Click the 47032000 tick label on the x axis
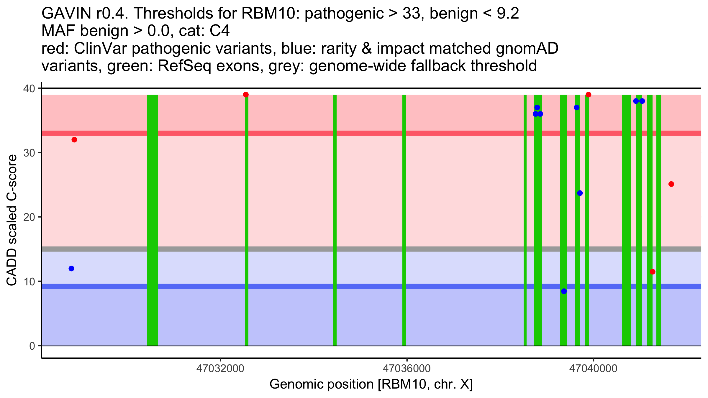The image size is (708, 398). (220, 369)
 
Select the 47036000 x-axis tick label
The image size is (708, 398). (407, 369)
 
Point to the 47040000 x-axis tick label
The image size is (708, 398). (593, 369)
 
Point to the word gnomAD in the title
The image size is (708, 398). (527, 49)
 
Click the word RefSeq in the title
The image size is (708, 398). (184, 66)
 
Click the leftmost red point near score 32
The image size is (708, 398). (74, 140)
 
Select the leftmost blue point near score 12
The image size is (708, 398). (71, 269)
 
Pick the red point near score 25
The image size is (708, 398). (671, 184)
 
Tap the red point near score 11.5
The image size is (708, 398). (653, 272)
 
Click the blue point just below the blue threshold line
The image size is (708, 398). (564, 291)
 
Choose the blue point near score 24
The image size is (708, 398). (580, 193)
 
